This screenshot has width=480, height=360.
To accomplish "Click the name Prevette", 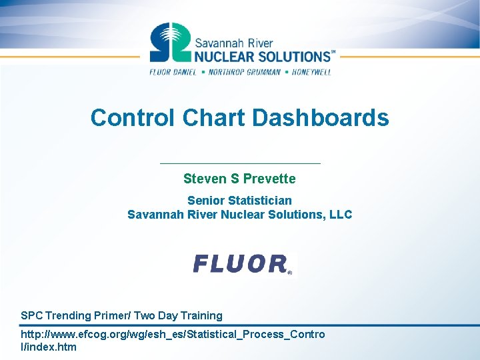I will [269, 179].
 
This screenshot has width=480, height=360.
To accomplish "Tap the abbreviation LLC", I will [339, 215].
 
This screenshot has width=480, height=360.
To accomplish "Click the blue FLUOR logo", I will [241, 264].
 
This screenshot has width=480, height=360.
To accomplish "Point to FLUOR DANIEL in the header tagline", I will [173, 72].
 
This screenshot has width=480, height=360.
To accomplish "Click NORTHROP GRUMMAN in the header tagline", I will [244, 72].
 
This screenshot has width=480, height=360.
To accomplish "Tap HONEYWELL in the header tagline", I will [311, 72].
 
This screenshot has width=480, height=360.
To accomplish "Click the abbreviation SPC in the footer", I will [31, 315].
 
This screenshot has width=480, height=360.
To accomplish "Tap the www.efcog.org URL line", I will [173, 334].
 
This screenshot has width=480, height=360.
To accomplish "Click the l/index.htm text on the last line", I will [49, 347].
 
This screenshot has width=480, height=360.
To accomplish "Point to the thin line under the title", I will [240, 163].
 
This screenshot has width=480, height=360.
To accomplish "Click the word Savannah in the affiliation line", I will [154, 215].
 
